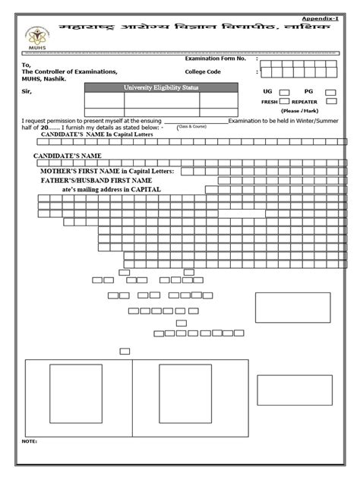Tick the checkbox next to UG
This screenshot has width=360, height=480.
click(284, 91)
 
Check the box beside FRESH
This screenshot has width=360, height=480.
click(284, 101)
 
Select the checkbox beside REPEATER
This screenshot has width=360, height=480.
click(332, 101)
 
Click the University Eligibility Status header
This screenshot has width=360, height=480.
click(152, 87)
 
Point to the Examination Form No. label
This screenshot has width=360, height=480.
click(216, 58)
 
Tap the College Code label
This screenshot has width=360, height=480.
click(203, 71)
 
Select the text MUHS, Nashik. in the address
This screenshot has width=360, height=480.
click(44, 79)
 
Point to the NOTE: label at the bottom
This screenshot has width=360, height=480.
click(30, 441)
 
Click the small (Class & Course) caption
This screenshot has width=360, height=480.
click(192, 127)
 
